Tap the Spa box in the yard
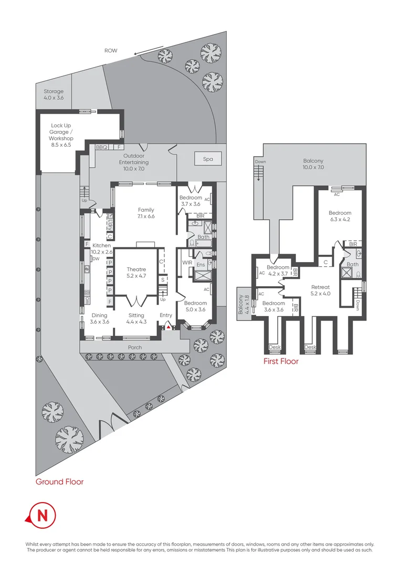[208, 159]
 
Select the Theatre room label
[136, 273]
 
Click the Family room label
[146, 213]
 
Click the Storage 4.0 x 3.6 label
[54, 94]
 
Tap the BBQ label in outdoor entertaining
[101, 147]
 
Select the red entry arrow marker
[168, 327]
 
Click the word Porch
[135, 347]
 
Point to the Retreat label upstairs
[320, 290]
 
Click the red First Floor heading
[281, 361]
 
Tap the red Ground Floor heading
[59, 481]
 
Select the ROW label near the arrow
[111, 51]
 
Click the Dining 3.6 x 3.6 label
[100, 319]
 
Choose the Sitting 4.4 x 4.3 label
[136, 319]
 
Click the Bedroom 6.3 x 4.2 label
[340, 216]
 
